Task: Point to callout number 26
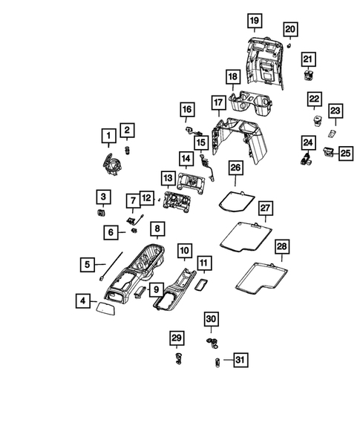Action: [235, 170]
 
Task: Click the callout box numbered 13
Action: [167, 179]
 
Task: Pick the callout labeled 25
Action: [345, 153]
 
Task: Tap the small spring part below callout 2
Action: [127, 151]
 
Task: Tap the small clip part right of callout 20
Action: [287, 45]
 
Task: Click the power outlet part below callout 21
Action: [307, 73]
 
